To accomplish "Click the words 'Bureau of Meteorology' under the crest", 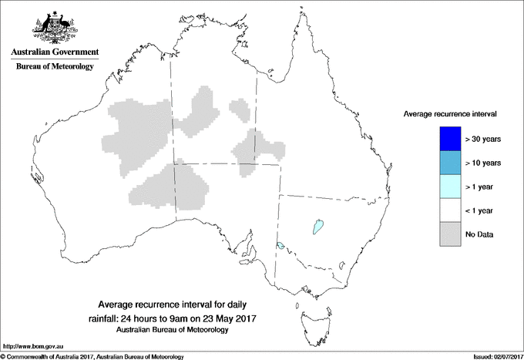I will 54,67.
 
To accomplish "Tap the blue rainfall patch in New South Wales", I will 317,226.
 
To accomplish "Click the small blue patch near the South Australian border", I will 280,246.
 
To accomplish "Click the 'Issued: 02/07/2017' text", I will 492,355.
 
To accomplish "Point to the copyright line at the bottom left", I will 92,355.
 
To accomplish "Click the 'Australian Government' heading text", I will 54,53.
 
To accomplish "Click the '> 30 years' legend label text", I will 483,140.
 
